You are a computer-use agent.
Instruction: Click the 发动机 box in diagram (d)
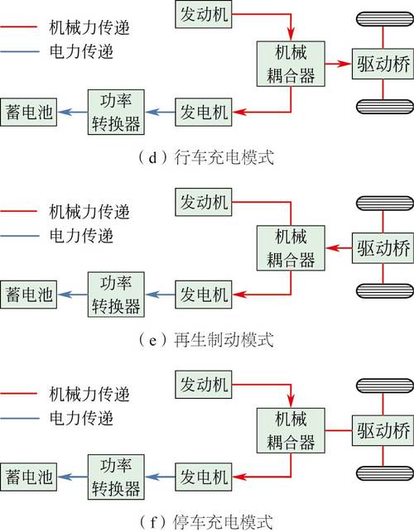click(204, 14)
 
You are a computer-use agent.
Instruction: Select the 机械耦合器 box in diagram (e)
click(291, 248)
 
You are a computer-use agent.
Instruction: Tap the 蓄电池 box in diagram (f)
click(28, 477)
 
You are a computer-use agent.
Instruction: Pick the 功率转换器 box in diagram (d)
click(116, 112)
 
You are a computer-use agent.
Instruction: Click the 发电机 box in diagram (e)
click(204, 295)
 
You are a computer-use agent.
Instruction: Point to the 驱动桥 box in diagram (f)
click(383, 430)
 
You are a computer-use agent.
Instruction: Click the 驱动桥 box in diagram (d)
click(383, 64)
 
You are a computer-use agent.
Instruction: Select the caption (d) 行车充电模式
click(206, 157)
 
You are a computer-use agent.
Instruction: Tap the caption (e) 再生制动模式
click(206, 339)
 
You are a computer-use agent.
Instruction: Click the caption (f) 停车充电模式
click(206, 522)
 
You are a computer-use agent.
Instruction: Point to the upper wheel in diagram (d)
click(385, 19)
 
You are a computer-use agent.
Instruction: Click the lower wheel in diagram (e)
click(385, 290)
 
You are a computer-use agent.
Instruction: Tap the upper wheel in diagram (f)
click(385, 386)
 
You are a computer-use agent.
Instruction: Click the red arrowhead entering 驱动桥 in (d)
click(344, 64)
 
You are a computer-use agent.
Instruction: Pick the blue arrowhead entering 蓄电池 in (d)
click(65, 112)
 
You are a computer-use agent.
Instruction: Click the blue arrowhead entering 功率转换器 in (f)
click(152, 477)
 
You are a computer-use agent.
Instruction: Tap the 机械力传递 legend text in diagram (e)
click(89, 211)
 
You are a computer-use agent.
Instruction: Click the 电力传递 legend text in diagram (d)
click(81, 51)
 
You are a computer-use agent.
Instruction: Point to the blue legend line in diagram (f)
click(20, 418)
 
